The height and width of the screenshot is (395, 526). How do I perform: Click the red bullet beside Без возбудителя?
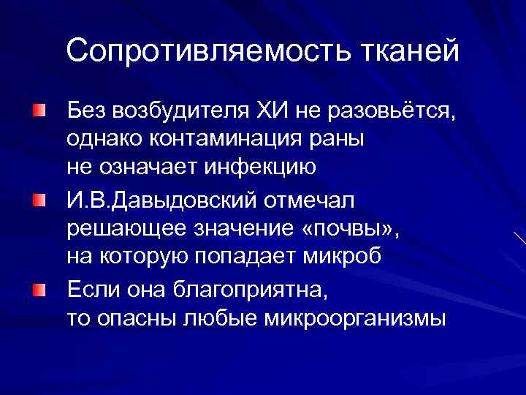[x=37, y=110]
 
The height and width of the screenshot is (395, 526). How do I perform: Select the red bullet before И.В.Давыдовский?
[x=37, y=200]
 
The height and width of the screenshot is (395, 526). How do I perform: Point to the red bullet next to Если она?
[x=37, y=289]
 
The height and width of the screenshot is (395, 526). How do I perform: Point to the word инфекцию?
[x=252, y=168]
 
